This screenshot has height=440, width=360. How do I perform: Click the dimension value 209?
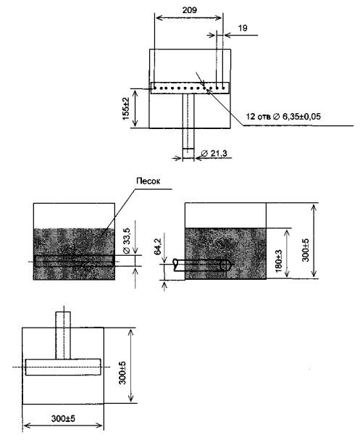coord(190,10)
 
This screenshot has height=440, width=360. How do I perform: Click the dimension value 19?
coord(243,28)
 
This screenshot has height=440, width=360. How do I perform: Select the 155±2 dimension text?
coord(126,109)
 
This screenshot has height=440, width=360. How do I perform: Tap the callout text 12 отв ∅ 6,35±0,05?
coord(283,117)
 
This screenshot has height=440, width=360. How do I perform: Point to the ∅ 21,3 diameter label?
coord(214,154)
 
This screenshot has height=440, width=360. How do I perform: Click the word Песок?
coord(148,181)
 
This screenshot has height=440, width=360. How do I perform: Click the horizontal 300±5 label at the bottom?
coord(63,419)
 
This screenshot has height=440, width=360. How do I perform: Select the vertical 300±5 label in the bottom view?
coord(122,373)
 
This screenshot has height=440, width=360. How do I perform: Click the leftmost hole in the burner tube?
coord(155,88)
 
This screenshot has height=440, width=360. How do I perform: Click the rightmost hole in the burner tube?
coord(223,88)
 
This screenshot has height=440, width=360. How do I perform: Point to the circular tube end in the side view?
coord(224,265)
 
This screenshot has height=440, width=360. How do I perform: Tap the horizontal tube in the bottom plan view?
coord(63,367)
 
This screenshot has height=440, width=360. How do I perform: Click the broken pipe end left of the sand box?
coord(175,265)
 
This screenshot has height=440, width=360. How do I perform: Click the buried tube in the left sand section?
coord(75,260)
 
